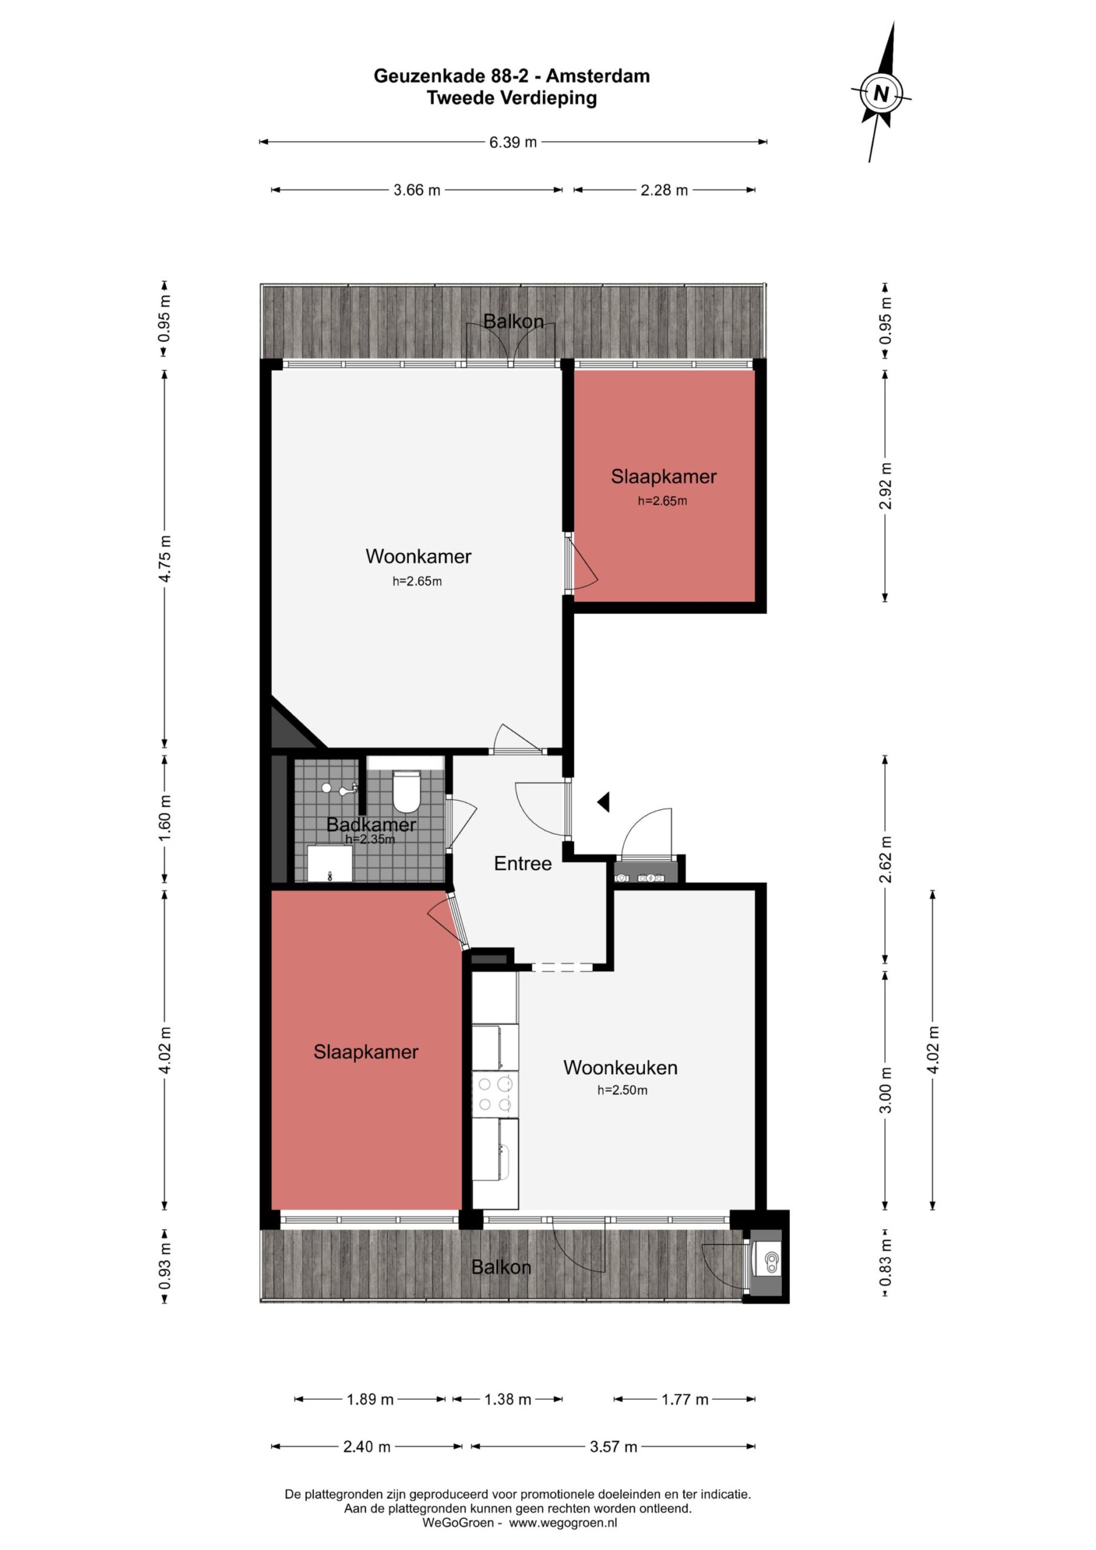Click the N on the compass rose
[881, 93]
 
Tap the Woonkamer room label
[418, 556]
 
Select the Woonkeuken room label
[620, 1067]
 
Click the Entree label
[522, 863]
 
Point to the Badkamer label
[371, 824]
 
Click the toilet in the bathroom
[406, 791]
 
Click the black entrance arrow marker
[603, 802]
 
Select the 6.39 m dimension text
[513, 142]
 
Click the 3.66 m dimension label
[417, 190]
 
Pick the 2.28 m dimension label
[664, 190]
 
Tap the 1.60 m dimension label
[165, 817]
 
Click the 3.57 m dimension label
[614, 1446]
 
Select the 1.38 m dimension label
[508, 1399]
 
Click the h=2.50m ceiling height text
[622, 1090]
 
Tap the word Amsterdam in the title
[598, 76]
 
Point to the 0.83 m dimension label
[886, 1263]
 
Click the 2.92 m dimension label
[886, 486]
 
